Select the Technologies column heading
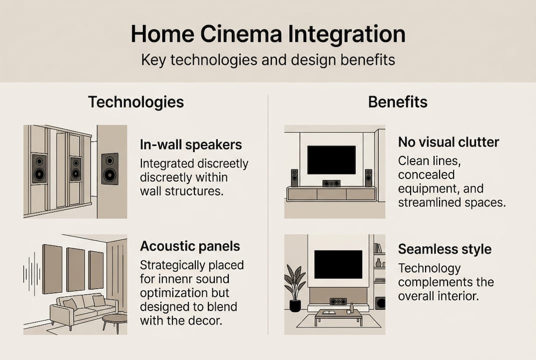tap(136, 102)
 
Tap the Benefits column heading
tap(398, 102)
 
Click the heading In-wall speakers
tap(191, 145)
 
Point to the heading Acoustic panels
tap(190, 246)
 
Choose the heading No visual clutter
tap(448, 142)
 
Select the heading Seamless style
tap(445, 249)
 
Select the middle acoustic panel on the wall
tap(75, 269)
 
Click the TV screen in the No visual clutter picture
tap(331, 159)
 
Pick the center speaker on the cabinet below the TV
tap(331, 183)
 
